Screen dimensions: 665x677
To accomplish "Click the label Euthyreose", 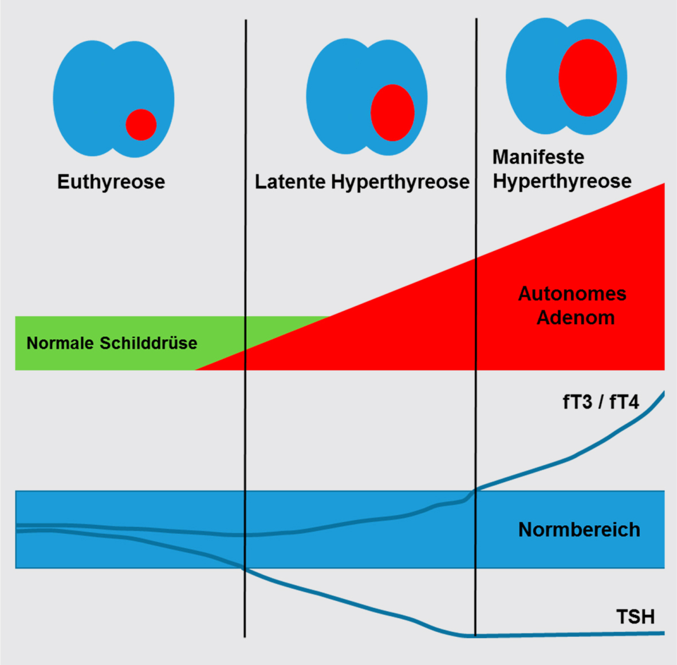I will [x=111, y=182].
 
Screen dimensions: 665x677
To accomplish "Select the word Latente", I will [x=290, y=182].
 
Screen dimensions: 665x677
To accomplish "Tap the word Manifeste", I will [x=538, y=157].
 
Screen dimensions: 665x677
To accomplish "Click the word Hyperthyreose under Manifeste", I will [x=562, y=181].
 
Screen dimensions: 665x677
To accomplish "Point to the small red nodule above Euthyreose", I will [x=141, y=124].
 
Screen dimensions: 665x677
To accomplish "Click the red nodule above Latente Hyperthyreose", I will [x=392, y=113].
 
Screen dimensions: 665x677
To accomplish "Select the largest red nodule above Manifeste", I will [x=588, y=77].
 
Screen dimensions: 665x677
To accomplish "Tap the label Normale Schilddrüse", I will [x=112, y=343].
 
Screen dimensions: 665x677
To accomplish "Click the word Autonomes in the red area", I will [x=572, y=293].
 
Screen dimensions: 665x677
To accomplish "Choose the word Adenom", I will [x=576, y=317].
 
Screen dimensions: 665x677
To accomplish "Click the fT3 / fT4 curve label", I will [x=600, y=402].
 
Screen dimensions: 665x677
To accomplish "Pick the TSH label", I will [x=635, y=617].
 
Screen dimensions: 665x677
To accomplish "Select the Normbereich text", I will [x=579, y=529].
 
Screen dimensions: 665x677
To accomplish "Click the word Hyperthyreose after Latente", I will [x=400, y=182].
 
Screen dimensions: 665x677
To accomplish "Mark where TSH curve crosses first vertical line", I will [x=245, y=569].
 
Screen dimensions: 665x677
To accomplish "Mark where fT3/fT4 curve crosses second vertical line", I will [x=476, y=489].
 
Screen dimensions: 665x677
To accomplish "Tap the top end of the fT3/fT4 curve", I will [x=663, y=393].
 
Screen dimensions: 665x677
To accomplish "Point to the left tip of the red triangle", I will [x=196, y=369].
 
